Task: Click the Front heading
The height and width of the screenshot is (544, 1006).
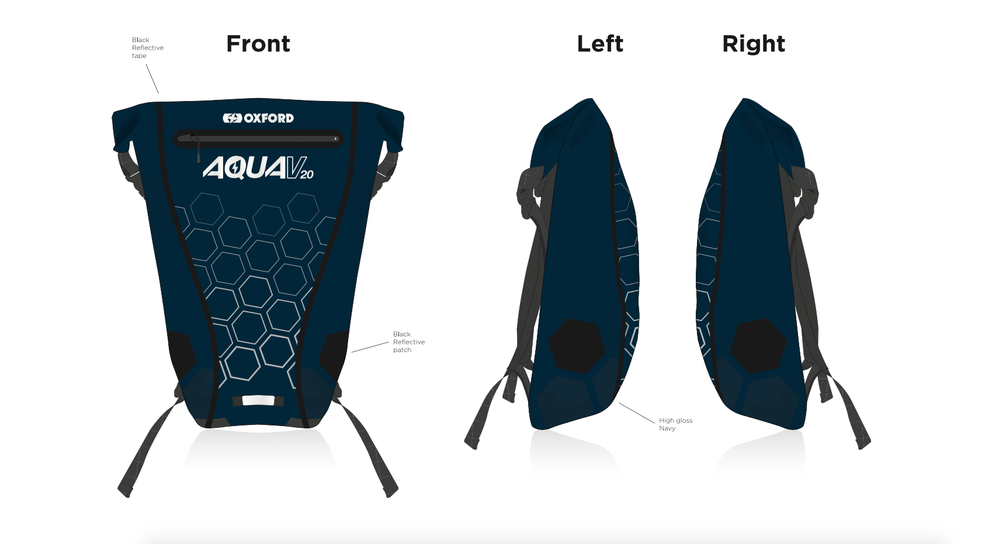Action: [258, 44]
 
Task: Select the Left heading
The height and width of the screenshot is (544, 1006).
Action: [600, 44]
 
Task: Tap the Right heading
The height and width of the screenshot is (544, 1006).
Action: [754, 44]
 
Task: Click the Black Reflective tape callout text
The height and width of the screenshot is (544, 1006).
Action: [147, 48]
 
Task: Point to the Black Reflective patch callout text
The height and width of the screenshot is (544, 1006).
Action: [408, 342]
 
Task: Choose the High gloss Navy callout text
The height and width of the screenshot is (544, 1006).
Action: [675, 424]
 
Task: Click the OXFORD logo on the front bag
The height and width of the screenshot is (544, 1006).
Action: [258, 118]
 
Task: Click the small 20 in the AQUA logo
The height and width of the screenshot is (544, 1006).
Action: [307, 174]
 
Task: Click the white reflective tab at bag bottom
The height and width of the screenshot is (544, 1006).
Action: [258, 400]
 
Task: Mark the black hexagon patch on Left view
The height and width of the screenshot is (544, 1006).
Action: [578, 345]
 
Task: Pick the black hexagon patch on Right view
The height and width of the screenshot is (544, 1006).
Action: [758, 346]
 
